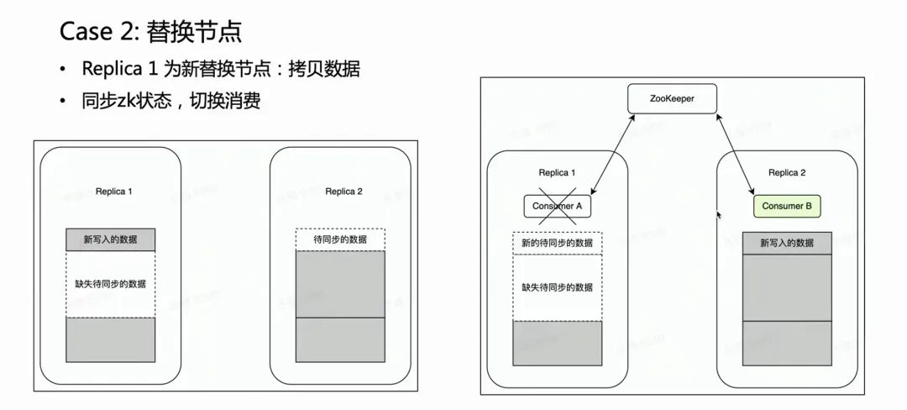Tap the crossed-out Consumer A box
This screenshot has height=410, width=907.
point(558,206)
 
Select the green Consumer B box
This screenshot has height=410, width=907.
point(787,206)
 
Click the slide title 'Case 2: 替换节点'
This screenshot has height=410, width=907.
point(150,32)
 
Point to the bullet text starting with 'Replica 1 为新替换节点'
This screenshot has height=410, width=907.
point(221,70)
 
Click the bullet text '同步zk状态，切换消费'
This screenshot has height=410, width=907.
point(170,102)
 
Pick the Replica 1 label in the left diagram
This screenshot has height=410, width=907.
point(113,192)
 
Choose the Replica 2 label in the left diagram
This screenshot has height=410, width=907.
point(343,192)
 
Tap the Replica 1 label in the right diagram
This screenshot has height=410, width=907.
point(558,173)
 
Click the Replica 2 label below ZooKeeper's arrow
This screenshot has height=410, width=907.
point(787,173)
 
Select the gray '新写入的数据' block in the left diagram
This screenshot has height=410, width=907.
point(111,239)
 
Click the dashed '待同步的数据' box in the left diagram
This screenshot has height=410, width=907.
point(340,239)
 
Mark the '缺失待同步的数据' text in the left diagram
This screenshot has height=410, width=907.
point(111,283)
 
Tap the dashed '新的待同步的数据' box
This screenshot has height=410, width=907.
point(558,243)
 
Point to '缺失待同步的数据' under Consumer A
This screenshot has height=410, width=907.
point(558,287)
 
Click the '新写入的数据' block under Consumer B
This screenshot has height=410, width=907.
point(787,243)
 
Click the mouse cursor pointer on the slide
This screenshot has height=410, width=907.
point(717,215)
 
